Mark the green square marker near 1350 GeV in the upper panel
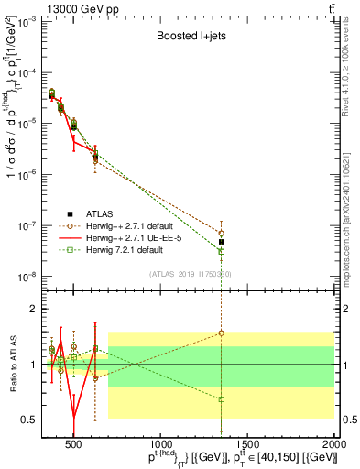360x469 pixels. coord(221,251)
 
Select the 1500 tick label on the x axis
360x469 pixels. coord(247,445)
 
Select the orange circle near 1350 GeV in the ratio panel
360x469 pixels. coord(221,333)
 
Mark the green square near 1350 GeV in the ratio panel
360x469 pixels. coord(221,399)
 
